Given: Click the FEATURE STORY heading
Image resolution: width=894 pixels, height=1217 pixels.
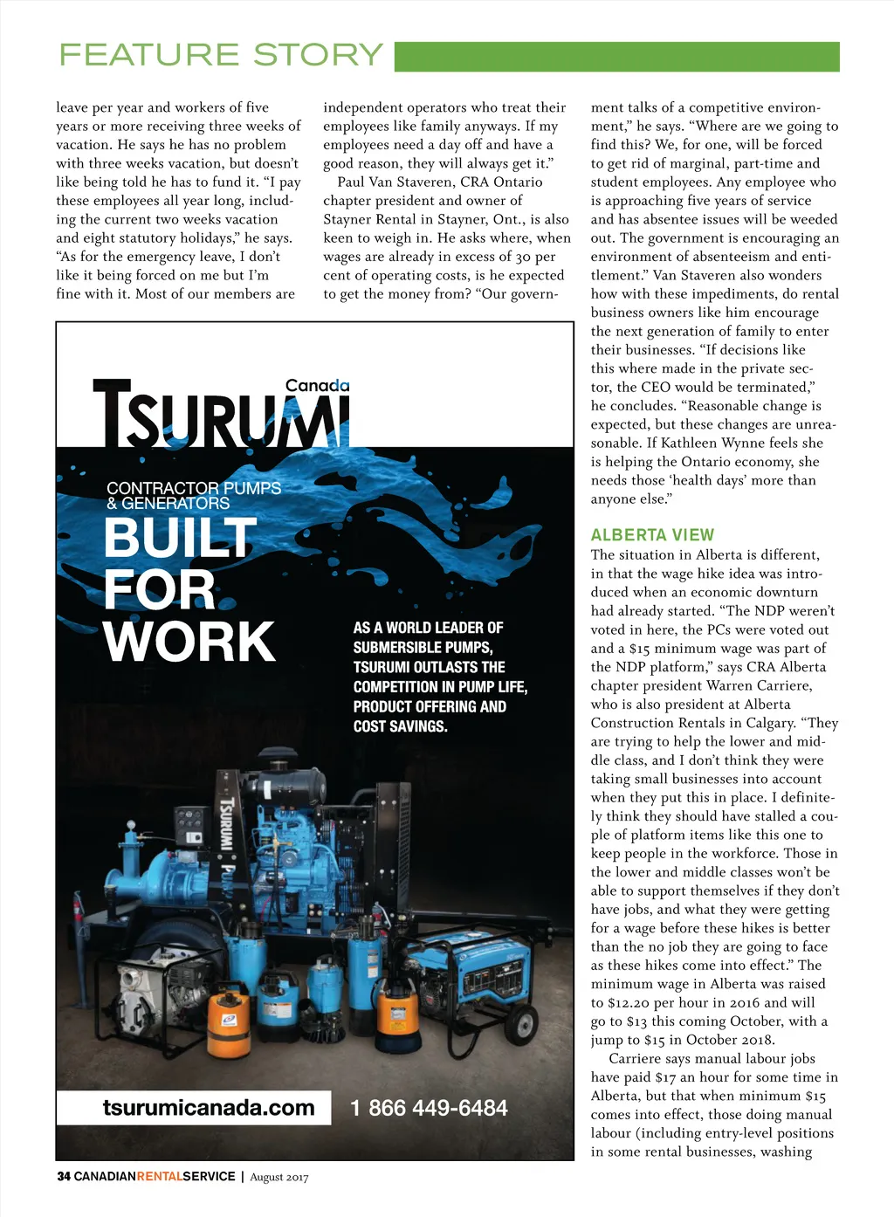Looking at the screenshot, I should tap(221, 55).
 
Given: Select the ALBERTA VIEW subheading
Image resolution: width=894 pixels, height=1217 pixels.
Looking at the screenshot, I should tap(652, 535).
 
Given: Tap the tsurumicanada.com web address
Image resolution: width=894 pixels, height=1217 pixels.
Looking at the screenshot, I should tap(208, 1108).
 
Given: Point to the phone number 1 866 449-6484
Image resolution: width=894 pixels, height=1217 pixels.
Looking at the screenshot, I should tap(429, 1109).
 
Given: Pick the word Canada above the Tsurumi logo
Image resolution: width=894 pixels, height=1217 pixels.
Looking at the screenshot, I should tap(317, 385).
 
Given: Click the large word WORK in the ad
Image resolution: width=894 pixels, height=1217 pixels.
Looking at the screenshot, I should tap(189, 642).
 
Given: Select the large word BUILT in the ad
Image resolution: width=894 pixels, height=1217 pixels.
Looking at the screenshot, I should tap(181, 538).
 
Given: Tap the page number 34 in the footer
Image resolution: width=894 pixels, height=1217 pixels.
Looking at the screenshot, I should tap(64, 1176).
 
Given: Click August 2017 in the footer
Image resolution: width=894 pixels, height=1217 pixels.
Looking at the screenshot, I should tap(279, 1177).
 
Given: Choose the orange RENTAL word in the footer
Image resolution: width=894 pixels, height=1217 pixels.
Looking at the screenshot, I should tap(160, 1176).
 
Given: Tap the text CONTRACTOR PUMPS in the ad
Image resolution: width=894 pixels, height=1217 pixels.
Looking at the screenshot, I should tap(194, 488).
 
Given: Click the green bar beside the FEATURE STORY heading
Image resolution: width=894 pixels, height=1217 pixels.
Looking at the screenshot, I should tap(616, 57).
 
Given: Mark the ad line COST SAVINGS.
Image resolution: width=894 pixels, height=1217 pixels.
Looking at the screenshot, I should tap(400, 726).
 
